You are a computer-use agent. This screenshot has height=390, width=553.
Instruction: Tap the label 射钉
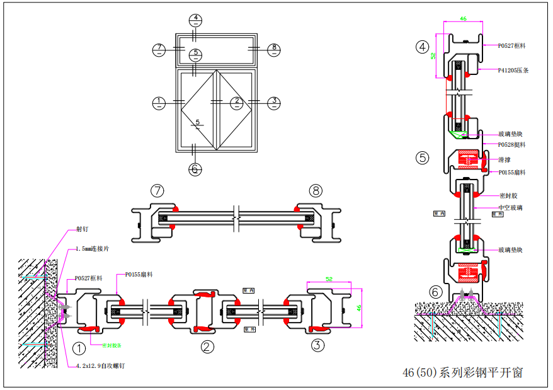pyautogui.click(x=83, y=229)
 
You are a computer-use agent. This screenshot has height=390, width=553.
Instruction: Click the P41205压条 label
pyautogui.click(x=513, y=71)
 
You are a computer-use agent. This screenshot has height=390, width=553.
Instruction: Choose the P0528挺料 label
pyautogui.click(x=511, y=145)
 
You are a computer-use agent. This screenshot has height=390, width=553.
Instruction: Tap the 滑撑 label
pyautogui.click(x=504, y=160)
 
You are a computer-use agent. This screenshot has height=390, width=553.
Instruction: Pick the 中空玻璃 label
pyautogui.click(x=510, y=207)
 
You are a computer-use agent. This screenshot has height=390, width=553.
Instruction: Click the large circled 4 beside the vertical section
pyautogui.click(x=422, y=46)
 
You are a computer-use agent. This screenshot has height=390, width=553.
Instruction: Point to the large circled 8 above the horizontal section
pyautogui.click(x=316, y=190)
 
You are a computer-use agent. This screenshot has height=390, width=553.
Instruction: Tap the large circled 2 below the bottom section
pyautogui.click(x=207, y=346)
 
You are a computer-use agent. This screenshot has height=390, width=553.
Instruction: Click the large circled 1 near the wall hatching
pyautogui.click(x=79, y=347)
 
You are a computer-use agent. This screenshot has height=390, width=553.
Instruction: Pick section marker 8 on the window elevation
pyautogui.click(x=273, y=48)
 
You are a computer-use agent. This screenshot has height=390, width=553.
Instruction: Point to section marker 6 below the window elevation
pyautogui.click(x=195, y=169)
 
